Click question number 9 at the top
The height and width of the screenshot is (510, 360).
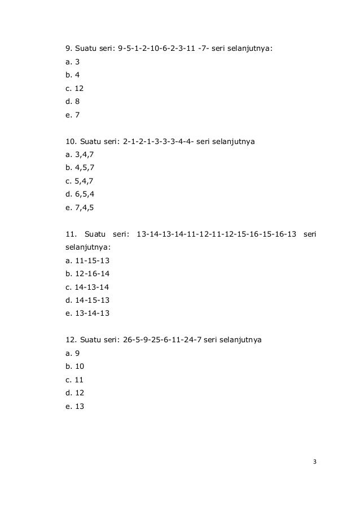tap(69, 49)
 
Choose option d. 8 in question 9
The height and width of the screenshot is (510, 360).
tap(73, 102)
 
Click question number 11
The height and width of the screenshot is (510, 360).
tap(71, 234)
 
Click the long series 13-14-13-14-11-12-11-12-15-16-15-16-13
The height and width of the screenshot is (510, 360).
tap(217, 234)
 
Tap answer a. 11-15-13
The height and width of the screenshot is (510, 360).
tap(87, 260)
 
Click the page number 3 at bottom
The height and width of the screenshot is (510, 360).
tap(315, 463)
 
